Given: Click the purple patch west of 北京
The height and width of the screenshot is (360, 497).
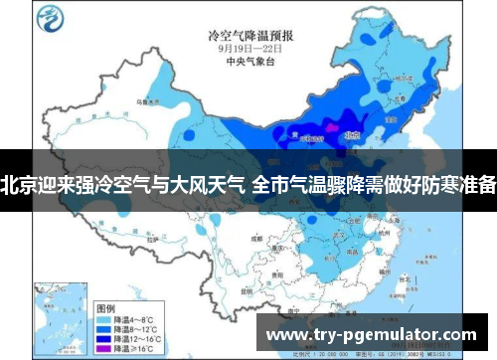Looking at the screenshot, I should (324, 129).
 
